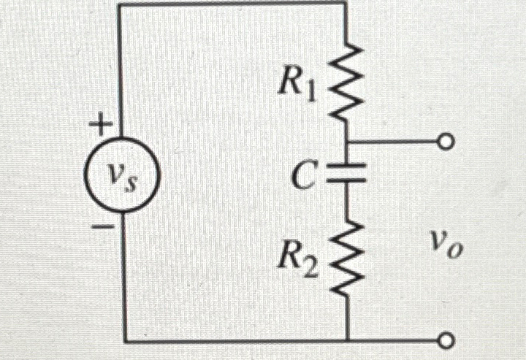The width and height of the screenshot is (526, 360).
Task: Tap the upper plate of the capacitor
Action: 345,167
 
